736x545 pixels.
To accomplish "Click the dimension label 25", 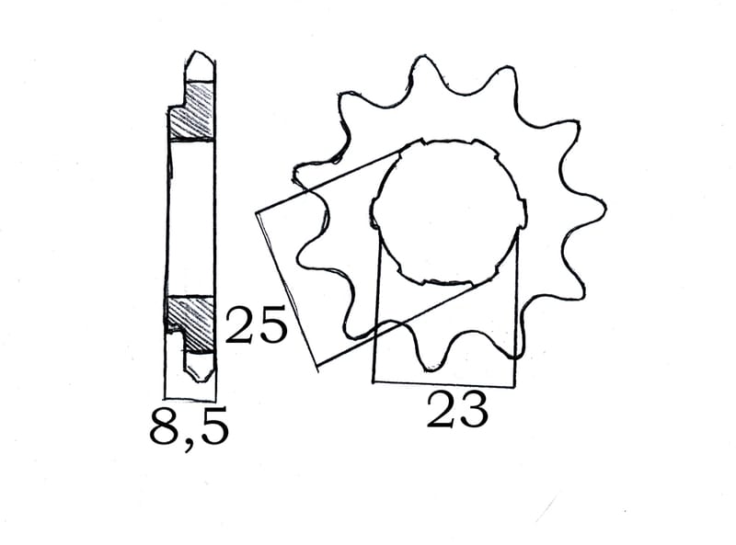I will [256, 327].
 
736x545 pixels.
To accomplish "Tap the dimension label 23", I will [456, 411].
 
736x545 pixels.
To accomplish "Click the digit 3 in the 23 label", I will [473, 411].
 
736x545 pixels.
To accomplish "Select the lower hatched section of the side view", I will [190, 314].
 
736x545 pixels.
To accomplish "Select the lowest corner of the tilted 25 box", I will [316, 369].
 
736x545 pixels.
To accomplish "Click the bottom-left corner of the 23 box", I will [373, 381].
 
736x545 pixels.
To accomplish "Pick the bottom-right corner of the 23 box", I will [515, 382].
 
